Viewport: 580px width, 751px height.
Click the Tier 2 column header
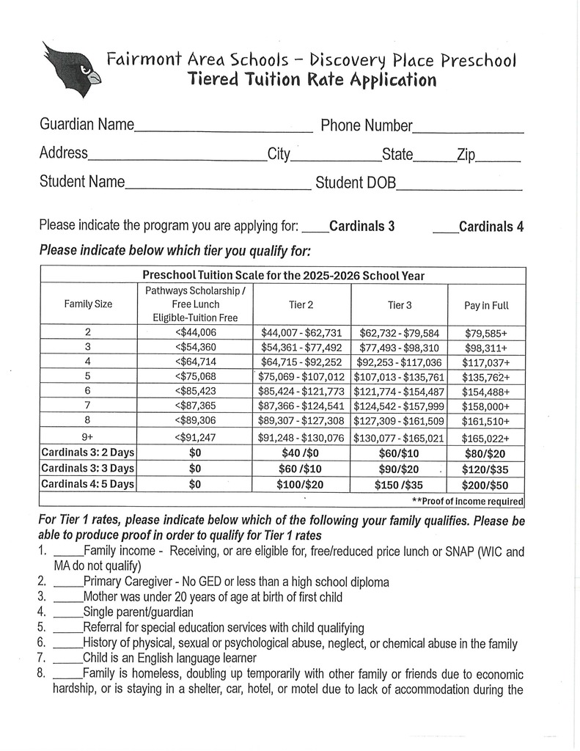click(x=301, y=304)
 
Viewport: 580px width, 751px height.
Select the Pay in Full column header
click(x=486, y=305)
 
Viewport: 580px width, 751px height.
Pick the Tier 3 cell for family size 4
click(x=399, y=362)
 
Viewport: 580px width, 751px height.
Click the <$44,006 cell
click(x=196, y=332)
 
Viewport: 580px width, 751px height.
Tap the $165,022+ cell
click(x=486, y=439)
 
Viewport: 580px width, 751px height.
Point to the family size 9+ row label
click(x=88, y=439)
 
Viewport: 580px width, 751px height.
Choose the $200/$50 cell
click(x=486, y=485)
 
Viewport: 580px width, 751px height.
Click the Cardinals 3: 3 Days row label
click(x=88, y=469)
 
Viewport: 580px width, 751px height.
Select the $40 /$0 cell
click(x=301, y=454)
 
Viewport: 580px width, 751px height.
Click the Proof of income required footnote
click(x=468, y=502)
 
